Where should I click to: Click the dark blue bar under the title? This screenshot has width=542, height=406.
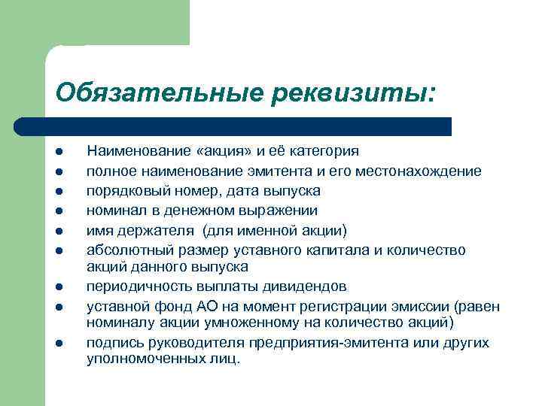(x=233, y=126)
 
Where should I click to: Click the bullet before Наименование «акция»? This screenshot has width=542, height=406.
(x=57, y=151)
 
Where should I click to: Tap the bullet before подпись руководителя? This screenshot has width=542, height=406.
(x=57, y=344)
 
